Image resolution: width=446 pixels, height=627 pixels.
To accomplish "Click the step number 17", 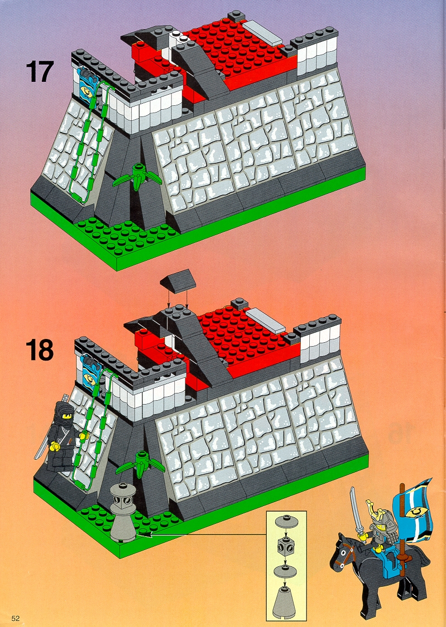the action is [39, 71].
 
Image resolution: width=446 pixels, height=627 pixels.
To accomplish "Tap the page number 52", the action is [16, 618].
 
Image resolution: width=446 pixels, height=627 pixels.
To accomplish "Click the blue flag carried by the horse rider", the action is [413, 507].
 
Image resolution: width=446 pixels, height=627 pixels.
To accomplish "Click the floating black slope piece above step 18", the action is [178, 279].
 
